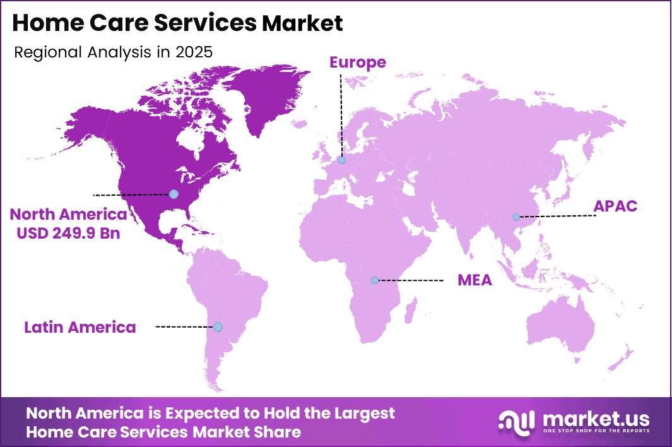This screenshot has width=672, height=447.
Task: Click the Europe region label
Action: pos(357,62)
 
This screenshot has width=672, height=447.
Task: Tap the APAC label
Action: pos(615,206)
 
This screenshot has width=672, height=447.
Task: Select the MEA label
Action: pos(475,280)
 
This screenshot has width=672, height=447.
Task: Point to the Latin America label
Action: pos(80,327)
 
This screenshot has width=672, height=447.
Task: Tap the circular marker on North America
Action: pos(174,194)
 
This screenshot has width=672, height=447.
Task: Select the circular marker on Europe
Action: pos(342,160)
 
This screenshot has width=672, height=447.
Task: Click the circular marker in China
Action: pos(516,217)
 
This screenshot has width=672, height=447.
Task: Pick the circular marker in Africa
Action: pos(375,280)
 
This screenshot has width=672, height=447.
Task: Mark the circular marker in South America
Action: pos(218,326)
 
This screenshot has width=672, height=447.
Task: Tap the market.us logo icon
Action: pos(516,421)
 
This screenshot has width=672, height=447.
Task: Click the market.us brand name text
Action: pos(596,417)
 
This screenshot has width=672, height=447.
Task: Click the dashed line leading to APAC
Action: pos(558,216)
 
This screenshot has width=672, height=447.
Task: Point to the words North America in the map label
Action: pos(68,215)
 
